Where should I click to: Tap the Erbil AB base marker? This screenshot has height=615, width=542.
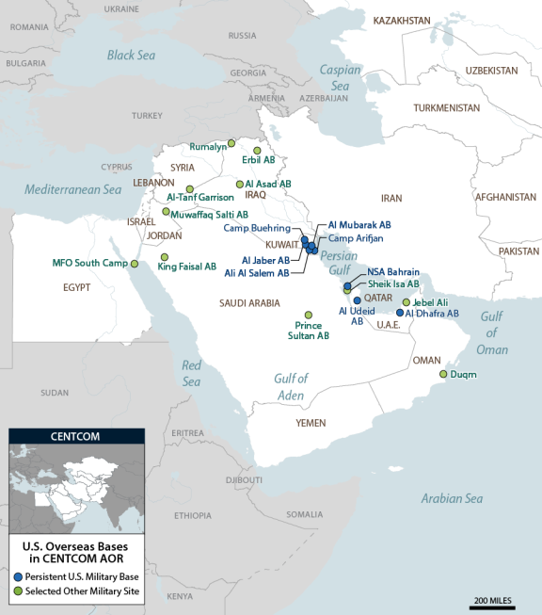pos(257,149)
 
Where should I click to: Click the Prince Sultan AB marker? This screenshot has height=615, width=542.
pos(309,315)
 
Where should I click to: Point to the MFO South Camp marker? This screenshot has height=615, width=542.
pos(134,263)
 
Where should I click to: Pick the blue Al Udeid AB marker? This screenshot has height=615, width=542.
pos(357,300)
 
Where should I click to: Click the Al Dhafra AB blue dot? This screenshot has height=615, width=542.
pos(400,313)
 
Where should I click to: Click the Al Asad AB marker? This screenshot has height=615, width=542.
pos(238,185)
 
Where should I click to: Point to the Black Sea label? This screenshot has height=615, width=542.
pos(130,55)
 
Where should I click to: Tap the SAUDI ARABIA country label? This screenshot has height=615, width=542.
pos(249,303)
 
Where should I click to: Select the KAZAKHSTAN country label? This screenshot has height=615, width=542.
pos(402,20)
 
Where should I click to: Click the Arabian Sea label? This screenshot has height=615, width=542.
pos(451,498)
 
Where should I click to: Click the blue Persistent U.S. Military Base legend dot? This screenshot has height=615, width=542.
pos(18,575)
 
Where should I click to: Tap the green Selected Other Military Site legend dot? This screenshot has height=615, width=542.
pos(18,591)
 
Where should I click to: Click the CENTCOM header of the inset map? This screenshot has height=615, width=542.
pos(76,437)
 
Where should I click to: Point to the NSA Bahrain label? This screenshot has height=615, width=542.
pos(393,271)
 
